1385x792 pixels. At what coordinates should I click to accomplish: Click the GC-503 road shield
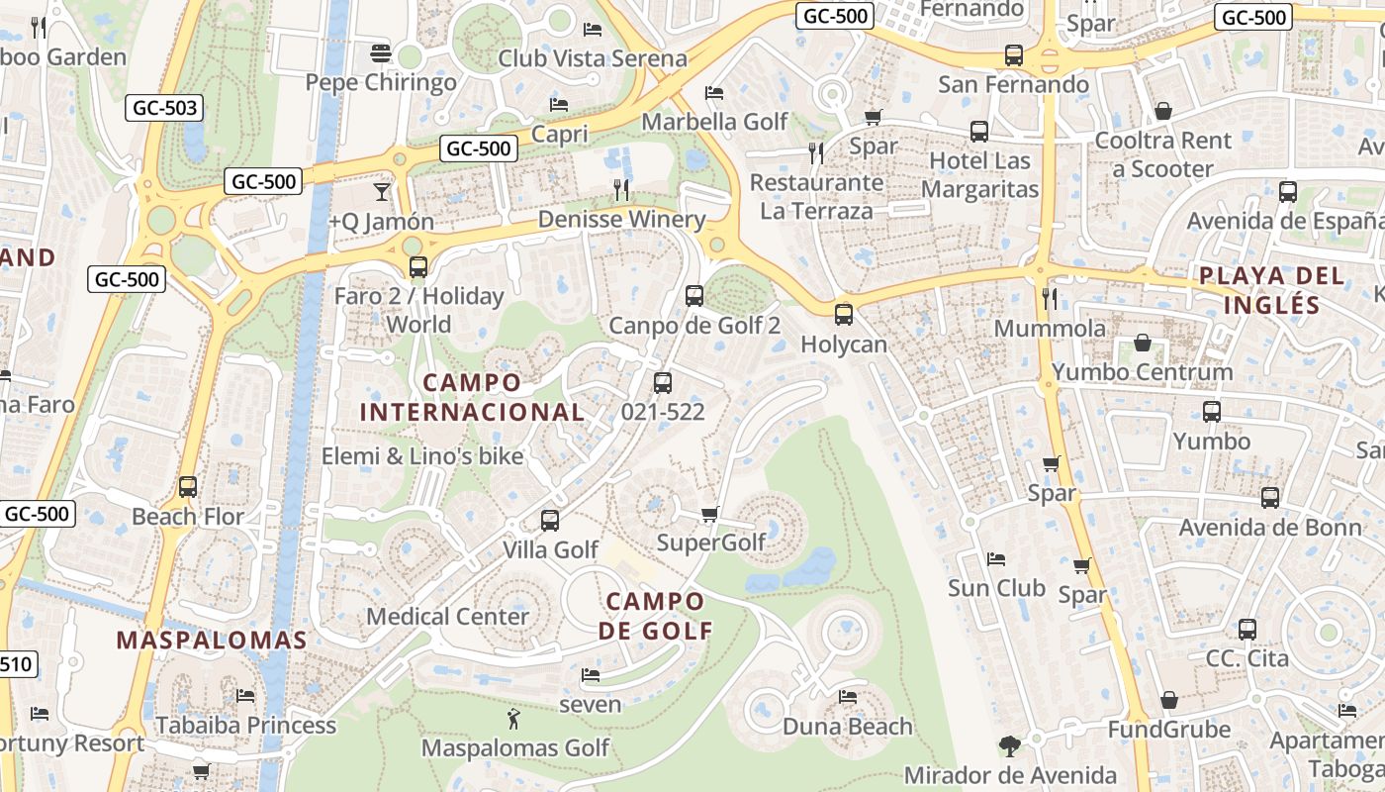tap(163, 108)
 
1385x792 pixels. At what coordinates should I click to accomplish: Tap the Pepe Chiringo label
tap(381, 82)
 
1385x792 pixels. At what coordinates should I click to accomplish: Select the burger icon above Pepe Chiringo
tap(381, 51)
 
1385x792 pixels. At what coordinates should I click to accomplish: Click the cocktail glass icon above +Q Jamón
tap(382, 191)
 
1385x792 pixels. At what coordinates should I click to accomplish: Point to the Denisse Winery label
tap(621, 220)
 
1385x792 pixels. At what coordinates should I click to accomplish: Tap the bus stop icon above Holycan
tap(843, 315)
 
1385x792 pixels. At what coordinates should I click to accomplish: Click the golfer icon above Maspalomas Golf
tap(513, 719)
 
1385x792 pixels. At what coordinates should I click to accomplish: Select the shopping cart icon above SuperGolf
tap(709, 514)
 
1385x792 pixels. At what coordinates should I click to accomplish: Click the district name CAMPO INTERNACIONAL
tap(472, 397)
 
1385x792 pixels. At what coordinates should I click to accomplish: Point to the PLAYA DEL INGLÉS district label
tap(1272, 290)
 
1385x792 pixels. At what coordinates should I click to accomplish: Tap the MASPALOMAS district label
tap(212, 641)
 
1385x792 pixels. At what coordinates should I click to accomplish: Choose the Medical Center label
tap(447, 617)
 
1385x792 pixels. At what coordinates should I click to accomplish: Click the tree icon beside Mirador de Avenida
tap(1009, 745)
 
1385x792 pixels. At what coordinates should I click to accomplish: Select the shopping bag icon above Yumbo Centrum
tap(1143, 343)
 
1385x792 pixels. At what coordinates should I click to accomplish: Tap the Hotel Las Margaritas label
tap(979, 174)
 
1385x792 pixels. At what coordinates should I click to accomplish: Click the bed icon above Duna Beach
tap(848, 696)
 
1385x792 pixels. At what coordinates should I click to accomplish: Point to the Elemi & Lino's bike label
tap(422, 456)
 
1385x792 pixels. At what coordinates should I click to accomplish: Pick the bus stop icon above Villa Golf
tap(550, 520)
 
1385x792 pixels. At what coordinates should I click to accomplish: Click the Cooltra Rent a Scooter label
tap(1162, 154)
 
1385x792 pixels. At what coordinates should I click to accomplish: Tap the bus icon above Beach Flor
tap(188, 487)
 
